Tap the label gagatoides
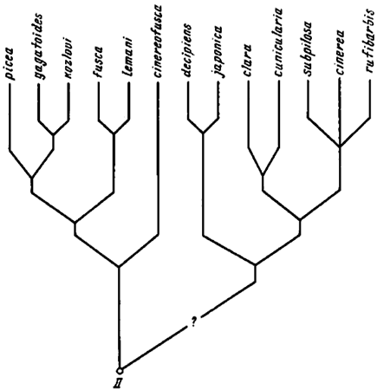(39, 47)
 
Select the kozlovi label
(68, 59)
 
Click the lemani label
(127, 58)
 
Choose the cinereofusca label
(159, 41)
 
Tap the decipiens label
(188, 51)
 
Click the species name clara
(248, 62)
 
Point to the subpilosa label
(309, 49)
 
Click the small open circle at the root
(120, 370)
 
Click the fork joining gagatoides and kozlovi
(53, 134)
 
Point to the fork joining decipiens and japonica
(203, 133)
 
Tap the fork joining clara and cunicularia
(263, 175)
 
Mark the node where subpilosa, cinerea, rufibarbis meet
(340, 146)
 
